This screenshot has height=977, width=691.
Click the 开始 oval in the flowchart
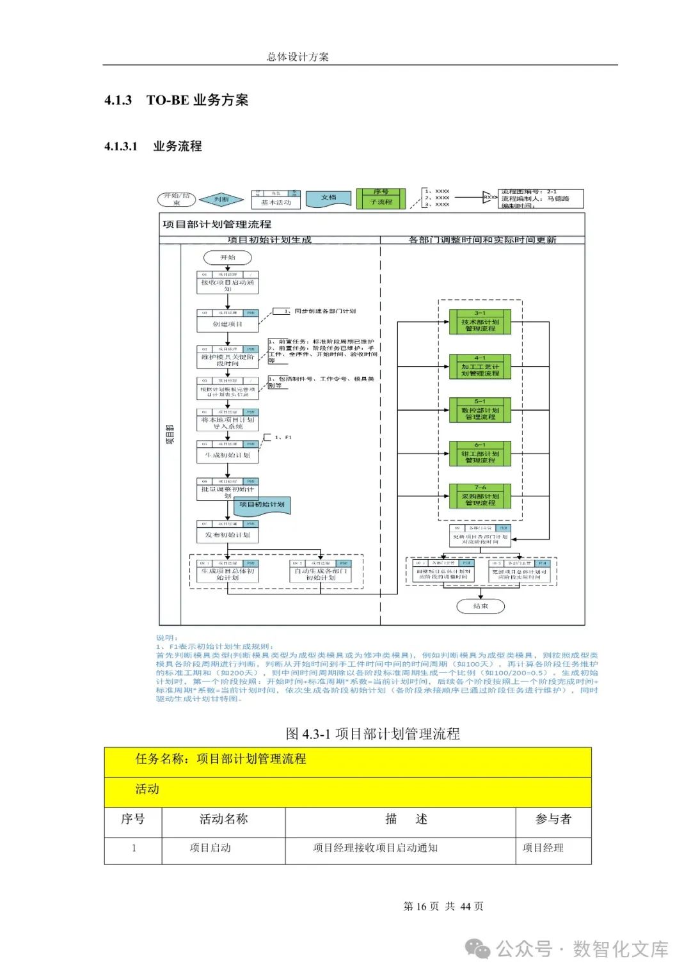tap(228, 257)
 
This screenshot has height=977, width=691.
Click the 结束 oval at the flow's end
tap(481, 606)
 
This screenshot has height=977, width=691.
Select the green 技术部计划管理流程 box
tap(480, 322)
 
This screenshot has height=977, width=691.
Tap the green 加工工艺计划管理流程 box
tap(480, 367)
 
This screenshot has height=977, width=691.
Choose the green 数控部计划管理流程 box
tap(480, 411)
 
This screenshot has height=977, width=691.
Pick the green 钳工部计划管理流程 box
tap(480, 454)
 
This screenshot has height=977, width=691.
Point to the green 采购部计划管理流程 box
tap(480, 497)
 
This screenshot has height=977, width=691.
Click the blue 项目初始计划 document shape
tap(262, 505)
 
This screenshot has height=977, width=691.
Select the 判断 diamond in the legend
tap(221, 200)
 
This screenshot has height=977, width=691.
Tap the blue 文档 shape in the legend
tap(328, 199)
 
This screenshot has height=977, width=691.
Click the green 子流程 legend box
tap(381, 199)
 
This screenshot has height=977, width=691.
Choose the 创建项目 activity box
tap(228, 321)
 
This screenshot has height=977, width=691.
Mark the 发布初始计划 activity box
tap(228, 532)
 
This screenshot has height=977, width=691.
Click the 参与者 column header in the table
tap(553, 820)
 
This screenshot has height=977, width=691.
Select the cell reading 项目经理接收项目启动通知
tap(375, 848)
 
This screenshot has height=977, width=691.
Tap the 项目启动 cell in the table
tap(210, 848)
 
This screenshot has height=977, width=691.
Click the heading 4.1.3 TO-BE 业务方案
tap(177, 100)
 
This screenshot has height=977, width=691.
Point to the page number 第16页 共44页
tap(443, 906)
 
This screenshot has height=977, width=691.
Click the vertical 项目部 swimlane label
tap(170, 434)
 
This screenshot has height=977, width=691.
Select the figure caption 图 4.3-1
tap(372, 734)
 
